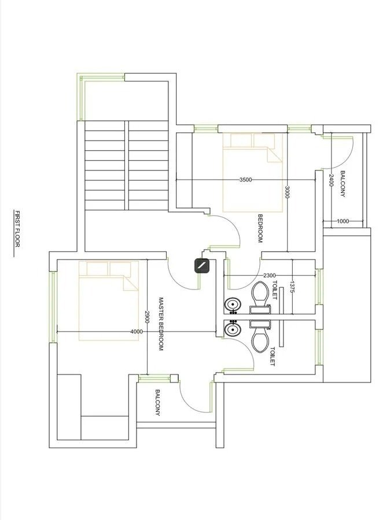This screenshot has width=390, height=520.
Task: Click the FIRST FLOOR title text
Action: pos(17,228)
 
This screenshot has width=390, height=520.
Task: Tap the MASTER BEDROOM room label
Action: pos(161,324)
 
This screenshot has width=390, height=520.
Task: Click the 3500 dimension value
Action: pos(245,180)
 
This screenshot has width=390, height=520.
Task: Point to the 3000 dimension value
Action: pos(287,192)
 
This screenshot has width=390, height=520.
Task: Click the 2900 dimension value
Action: pos(147,317)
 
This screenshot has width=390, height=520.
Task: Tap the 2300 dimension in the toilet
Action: pos(269,275)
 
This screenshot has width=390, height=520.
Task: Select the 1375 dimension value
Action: pos(292,287)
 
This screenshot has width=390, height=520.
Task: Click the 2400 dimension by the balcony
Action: pos(331,180)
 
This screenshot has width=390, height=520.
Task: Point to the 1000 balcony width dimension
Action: pos(343,221)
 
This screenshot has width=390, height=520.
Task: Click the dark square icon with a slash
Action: pos(202,266)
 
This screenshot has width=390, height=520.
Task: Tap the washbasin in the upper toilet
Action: pos(233,304)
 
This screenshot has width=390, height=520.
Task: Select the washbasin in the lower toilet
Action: pos(233,330)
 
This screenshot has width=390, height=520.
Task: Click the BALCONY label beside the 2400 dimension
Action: pos(343,184)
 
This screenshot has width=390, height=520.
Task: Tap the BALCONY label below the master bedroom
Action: pos(157,403)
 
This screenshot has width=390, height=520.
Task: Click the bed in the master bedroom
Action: pos(109,301)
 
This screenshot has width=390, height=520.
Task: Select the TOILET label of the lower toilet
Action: pos(273,356)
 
